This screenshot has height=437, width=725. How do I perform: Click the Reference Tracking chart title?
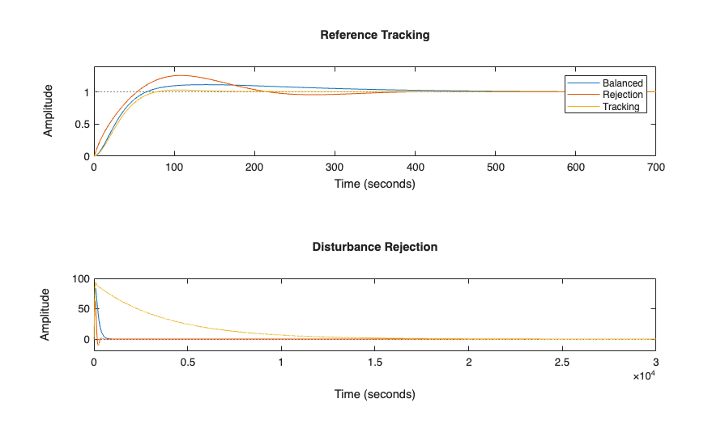click(x=374, y=35)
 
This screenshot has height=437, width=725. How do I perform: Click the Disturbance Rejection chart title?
click(x=374, y=247)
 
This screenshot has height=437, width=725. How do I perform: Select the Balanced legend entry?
click(x=622, y=83)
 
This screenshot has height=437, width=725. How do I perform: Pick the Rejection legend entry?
click(x=622, y=95)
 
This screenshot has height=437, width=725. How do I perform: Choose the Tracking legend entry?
click(x=621, y=107)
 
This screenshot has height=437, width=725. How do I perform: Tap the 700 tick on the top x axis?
click(x=655, y=168)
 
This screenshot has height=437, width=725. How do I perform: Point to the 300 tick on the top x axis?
click(x=335, y=168)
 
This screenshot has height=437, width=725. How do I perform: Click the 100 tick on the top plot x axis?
click(x=174, y=168)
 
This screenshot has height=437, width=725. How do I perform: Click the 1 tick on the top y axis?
click(x=84, y=92)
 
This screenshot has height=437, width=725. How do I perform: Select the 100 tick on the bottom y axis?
click(x=79, y=279)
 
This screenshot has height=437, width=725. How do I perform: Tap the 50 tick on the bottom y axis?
click(x=82, y=309)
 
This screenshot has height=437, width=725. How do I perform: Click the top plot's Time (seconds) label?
click(x=374, y=184)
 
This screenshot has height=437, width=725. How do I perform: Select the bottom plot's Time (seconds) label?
click(x=374, y=394)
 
